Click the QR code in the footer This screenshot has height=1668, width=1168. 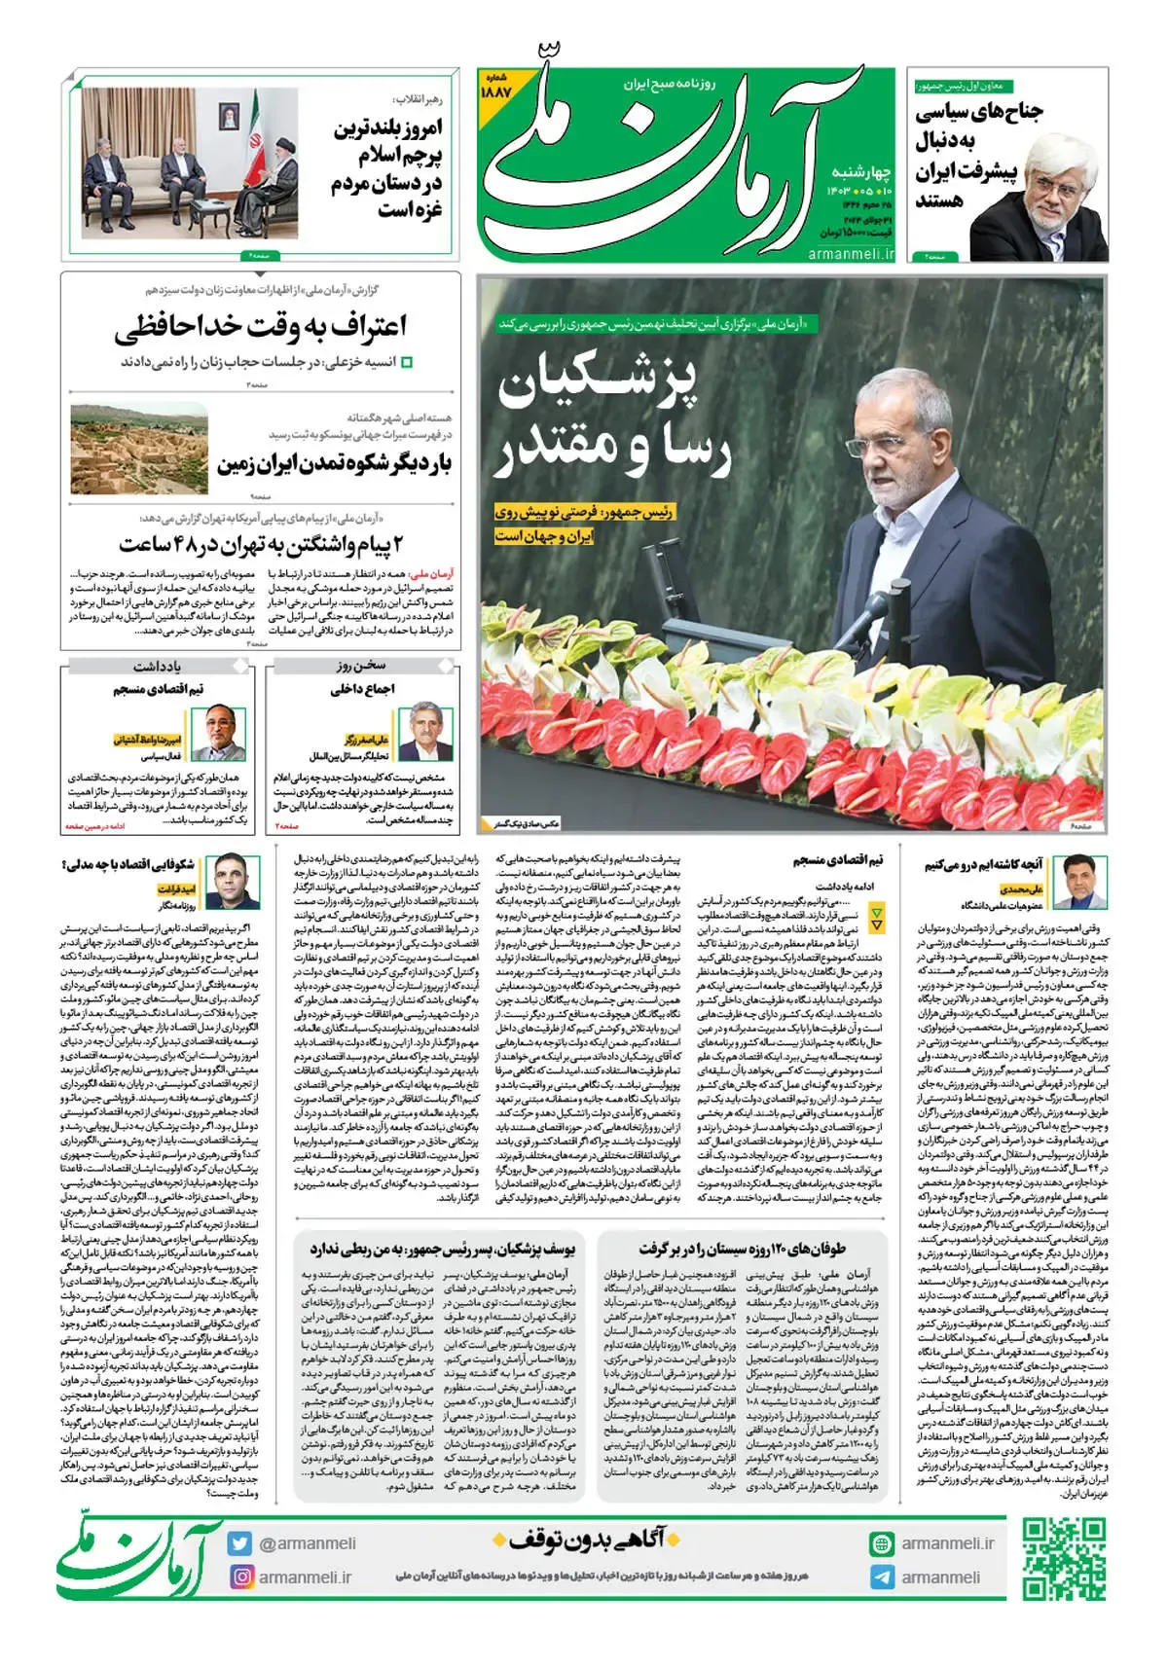coord(1064,1558)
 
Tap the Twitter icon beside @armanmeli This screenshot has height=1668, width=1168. coord(239,1543)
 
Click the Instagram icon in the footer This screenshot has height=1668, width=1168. coord(239,1577)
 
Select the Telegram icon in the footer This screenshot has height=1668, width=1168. coord(882,1577)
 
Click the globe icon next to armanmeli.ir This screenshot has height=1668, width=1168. coord(882,1543)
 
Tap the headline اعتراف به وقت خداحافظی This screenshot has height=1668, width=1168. coord(260,326)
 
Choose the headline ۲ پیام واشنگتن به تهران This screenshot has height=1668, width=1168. coord(261,544)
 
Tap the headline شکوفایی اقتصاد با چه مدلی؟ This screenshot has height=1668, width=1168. coord(128,864)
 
